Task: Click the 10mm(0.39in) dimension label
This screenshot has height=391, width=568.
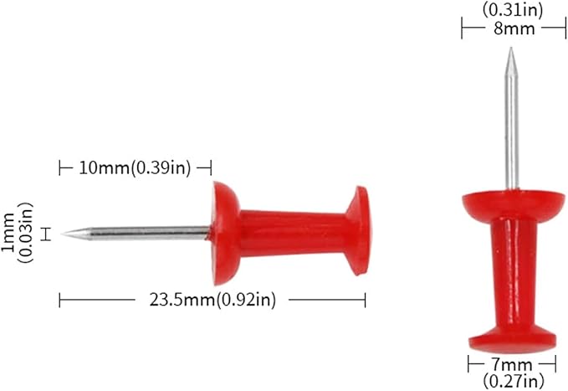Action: pyautogui.click(x=135, y=168)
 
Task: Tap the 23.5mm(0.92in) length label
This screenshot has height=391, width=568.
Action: pyautogui.click(x=212, y=300)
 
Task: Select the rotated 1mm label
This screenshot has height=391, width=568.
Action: pyautogui.click(x=8, y=233)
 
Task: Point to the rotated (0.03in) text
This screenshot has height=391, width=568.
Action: pyautogui.click(x=25, y=233)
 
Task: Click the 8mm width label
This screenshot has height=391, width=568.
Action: pyautogui.click(x=514, y=28)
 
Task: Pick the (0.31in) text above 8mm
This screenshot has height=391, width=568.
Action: pyautogui.click(x=513, y=10)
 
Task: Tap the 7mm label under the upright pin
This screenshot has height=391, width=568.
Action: pyautogui.click(x=511, y=364)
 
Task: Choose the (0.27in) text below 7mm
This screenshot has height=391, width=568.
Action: pyautogui.click(x=514, y=381)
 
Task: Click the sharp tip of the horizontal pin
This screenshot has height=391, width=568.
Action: pyautogui.click(x=61, y=234)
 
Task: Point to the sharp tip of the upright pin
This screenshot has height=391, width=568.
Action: pyautogui.click(x=511, y=48)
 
